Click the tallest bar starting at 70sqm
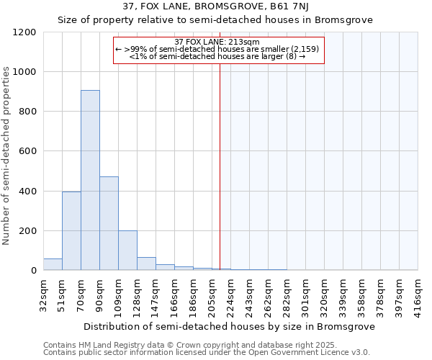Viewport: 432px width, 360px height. tap(90, 180)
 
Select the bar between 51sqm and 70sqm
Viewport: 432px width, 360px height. tap(71, 230)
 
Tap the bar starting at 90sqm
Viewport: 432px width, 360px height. tap(109, 223)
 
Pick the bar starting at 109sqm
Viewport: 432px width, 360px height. tap(127, 251)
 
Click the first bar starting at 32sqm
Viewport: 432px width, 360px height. tap(53, 264)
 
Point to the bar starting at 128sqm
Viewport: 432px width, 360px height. tap(146, 264)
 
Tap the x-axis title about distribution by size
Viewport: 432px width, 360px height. tap(229, 326)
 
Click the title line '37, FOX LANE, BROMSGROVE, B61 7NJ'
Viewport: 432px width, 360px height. tap(215, 6)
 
